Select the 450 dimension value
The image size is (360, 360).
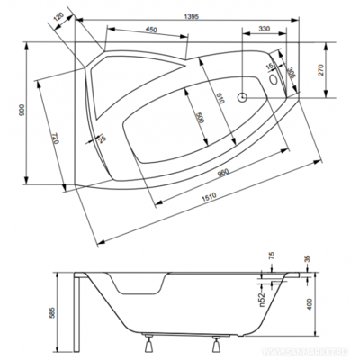152,31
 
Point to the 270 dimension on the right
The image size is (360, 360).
325,68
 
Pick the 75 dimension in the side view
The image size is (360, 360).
272,258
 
